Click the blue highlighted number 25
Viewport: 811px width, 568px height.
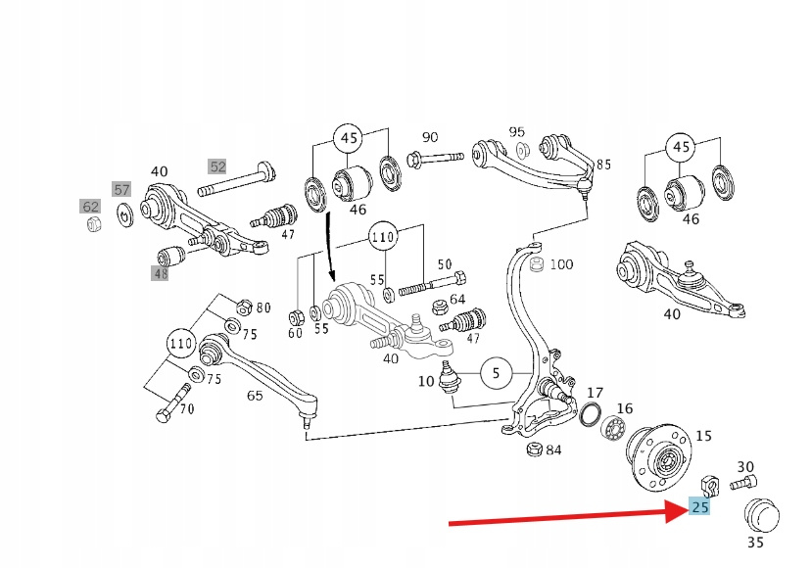(x=699, y=507)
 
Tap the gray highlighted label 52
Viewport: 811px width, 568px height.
(x=216, y=166)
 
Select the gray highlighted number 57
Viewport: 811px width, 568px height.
(x=120, y=189)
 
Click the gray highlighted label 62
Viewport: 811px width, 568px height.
(x=90, y=207)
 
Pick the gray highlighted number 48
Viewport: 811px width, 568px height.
(x=160, y=273)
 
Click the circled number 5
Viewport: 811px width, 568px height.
(x=496, y=373)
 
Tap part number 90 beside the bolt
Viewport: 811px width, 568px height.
(x=430, y=137)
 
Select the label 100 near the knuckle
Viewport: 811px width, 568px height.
(x=561, y=264)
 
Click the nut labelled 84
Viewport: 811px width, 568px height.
(x=535, y=450)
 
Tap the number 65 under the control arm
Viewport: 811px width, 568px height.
(x=255, y=397)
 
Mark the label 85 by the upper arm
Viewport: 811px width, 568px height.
(x=603, y=165)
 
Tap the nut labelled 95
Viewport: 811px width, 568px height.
(x=522, y=149)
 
